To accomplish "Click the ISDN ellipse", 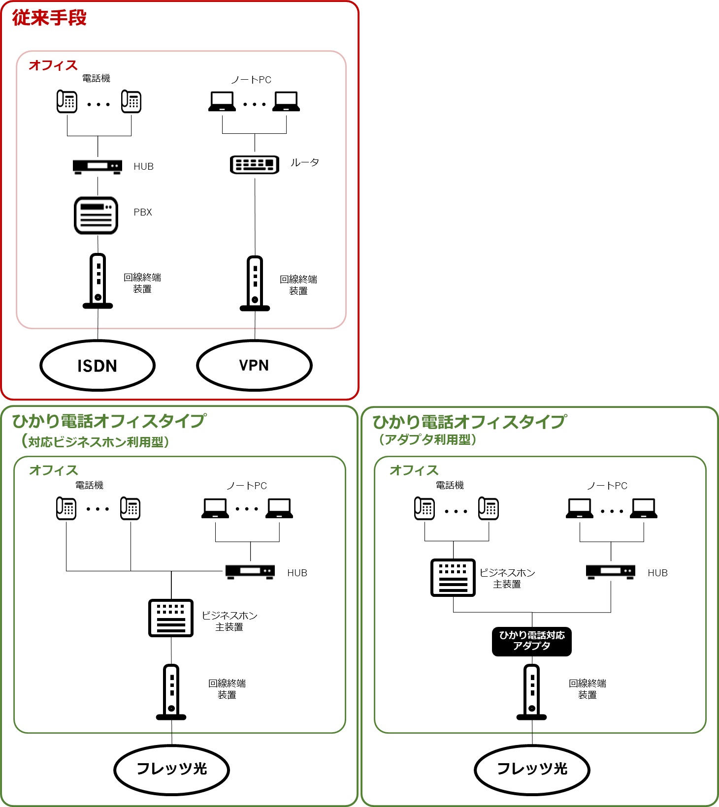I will pos(98,366).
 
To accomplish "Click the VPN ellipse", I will pos(254,366).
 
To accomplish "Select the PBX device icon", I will pos(96,216).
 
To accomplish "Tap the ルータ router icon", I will pos(255,164).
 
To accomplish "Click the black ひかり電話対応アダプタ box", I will pos(532,641).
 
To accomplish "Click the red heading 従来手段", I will pos(49,18).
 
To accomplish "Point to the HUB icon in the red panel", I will pos(98,166).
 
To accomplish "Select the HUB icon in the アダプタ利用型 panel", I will pos(611,571).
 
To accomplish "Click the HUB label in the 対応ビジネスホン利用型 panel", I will pos(297,573).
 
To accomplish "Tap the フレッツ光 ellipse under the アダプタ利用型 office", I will pos(532,769).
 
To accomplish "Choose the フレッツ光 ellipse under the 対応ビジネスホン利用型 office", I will pos(171,769).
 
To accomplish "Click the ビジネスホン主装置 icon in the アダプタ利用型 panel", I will pos(453,578).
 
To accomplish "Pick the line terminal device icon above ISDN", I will pos(98,281).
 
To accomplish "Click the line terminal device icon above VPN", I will pos(255,283).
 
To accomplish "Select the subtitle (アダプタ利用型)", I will pos(427,439).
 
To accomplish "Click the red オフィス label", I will pos(53,65).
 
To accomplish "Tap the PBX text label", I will pos(143,212).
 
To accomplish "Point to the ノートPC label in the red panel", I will pos(251,80).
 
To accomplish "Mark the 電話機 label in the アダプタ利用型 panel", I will pos(450,485).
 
